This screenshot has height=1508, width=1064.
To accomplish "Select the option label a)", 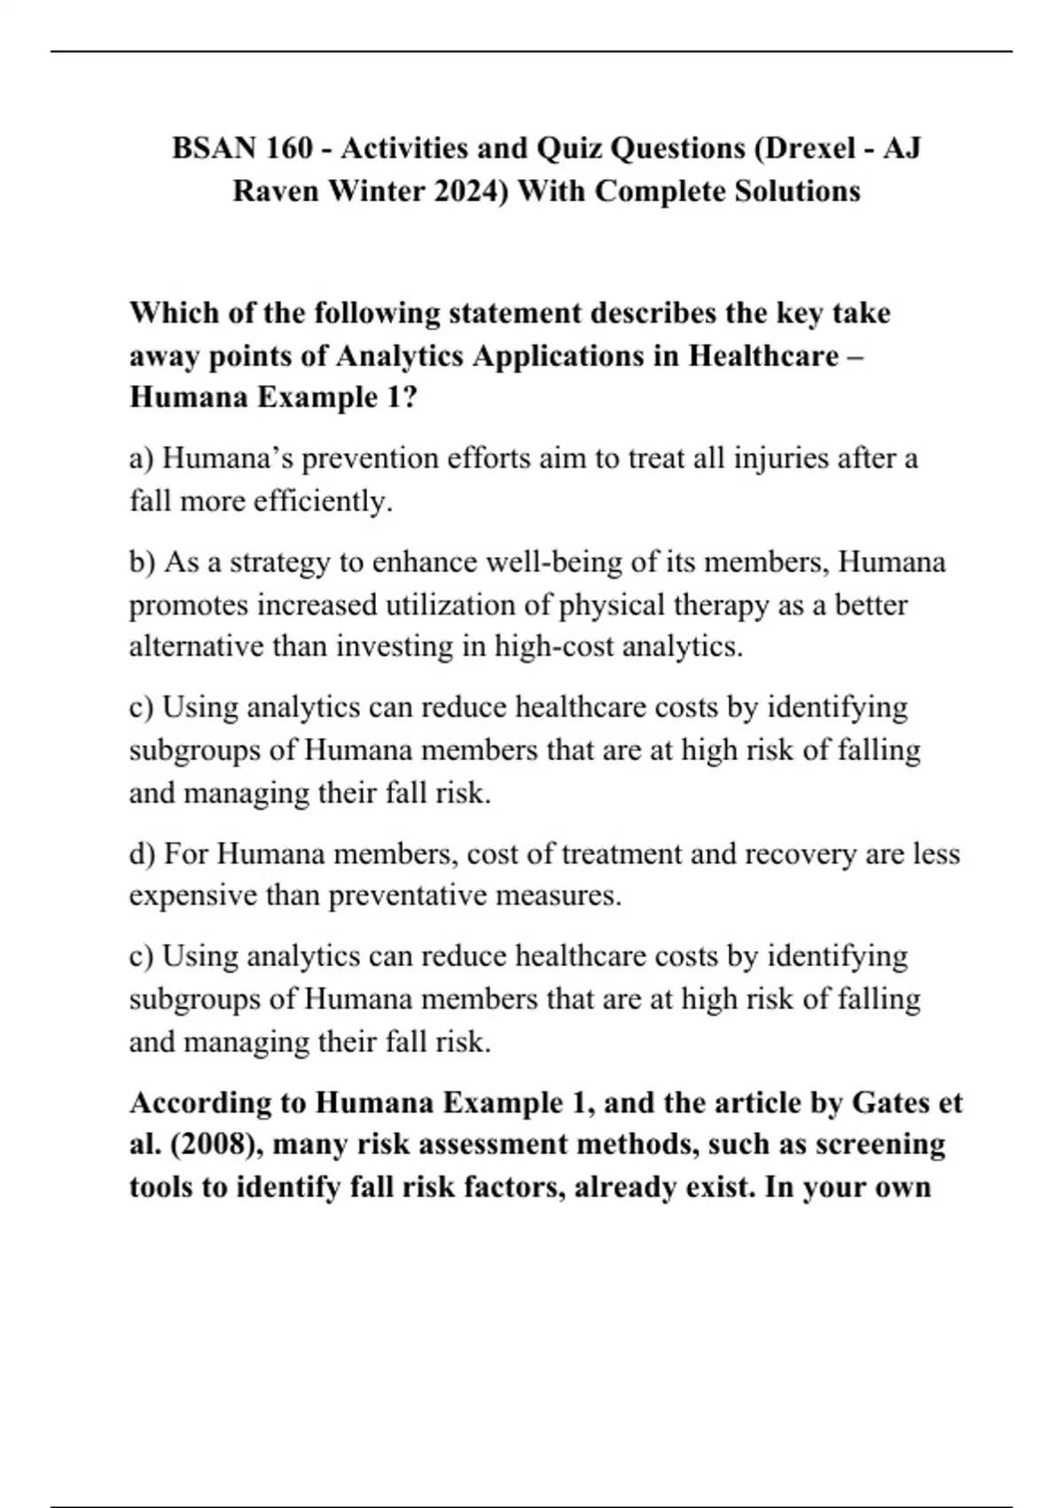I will pos(142,459).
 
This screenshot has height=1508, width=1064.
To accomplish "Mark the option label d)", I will pos(142,854).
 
